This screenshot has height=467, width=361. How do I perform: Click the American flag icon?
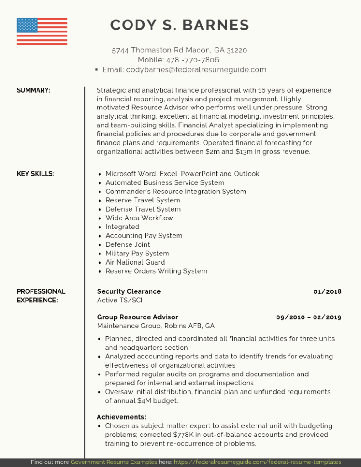point(42,31)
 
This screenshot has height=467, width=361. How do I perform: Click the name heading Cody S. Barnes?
point(180,25)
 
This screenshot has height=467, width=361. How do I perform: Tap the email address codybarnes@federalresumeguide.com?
point(196,70)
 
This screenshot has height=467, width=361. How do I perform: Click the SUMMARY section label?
point(33,90)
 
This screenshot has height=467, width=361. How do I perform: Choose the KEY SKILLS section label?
point(35,174)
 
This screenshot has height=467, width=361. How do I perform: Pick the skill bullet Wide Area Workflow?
point(139,218)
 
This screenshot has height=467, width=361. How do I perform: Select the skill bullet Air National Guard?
point(135,262)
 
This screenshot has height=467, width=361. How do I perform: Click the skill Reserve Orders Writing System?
point(156,271)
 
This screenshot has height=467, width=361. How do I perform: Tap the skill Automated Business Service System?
point(165,182)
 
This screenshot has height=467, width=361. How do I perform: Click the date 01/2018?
point(327,291)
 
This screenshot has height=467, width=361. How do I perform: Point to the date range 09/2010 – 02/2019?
point(309,317)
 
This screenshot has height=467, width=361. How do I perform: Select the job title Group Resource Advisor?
point(137,317)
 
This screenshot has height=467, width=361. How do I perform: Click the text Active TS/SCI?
point(120,300)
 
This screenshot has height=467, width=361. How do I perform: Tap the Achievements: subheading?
point(121,417)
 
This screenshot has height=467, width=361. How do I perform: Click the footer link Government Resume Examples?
point(114,462)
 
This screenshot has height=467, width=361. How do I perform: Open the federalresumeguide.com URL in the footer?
point(257,462)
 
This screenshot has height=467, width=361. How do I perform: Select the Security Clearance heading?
point(129,291)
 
